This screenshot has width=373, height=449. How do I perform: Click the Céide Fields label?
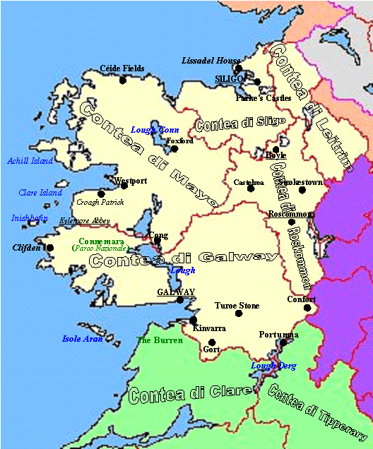click(122, 68)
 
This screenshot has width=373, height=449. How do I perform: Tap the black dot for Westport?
click(124, 186)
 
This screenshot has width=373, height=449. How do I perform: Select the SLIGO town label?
click(230, 79)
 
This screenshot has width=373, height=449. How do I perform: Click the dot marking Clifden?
click(49, 248)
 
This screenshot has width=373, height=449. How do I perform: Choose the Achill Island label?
click(30, 161)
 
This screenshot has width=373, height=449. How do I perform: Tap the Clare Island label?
click(40, 193)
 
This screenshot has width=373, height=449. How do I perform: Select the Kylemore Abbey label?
click(85, 220)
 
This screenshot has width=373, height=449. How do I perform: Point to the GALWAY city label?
click(176, 292)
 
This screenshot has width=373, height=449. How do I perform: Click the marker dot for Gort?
click(211, 343)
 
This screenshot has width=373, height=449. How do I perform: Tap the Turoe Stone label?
click(237, 306)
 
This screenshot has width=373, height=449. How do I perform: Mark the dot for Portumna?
click(283, 342)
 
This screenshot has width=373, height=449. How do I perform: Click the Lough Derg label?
click(273, 366)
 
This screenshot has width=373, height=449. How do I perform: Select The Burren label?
click(160, 340)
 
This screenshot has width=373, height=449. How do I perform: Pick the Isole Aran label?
click(83, 339)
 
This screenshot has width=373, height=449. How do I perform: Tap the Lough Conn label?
click(155, 130)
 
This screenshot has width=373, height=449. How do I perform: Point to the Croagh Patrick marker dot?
click(101, 193)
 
